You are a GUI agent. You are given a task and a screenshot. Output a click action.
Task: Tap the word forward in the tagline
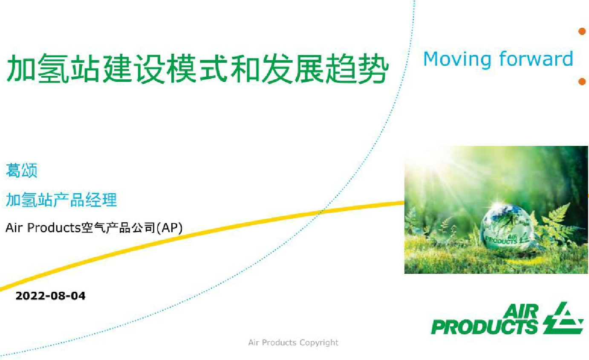[x=536, y=58]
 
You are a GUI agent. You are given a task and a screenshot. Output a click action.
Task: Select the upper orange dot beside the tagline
[x=582, y=31]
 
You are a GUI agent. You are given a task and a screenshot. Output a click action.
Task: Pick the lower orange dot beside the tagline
[x=582, y=81]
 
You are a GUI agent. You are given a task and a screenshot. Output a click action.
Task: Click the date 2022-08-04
[x=50, y=296]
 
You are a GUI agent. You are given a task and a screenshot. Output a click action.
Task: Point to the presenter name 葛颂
[x=22, y=170]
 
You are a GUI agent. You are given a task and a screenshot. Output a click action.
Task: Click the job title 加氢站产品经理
[x=61, y=200]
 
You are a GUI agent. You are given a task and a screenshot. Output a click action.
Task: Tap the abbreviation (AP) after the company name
[x=170, y=228]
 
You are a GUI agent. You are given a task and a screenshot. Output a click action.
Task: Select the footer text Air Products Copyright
[x=293, y=343]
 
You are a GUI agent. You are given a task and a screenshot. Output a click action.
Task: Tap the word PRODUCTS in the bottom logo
[x=484, y=327]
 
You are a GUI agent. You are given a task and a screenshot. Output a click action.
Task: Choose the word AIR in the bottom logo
[x=521, y=311]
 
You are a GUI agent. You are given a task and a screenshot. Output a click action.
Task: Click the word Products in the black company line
[x=54, y=228]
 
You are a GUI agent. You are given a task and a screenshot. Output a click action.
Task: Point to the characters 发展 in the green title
[x=294, y=68]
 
